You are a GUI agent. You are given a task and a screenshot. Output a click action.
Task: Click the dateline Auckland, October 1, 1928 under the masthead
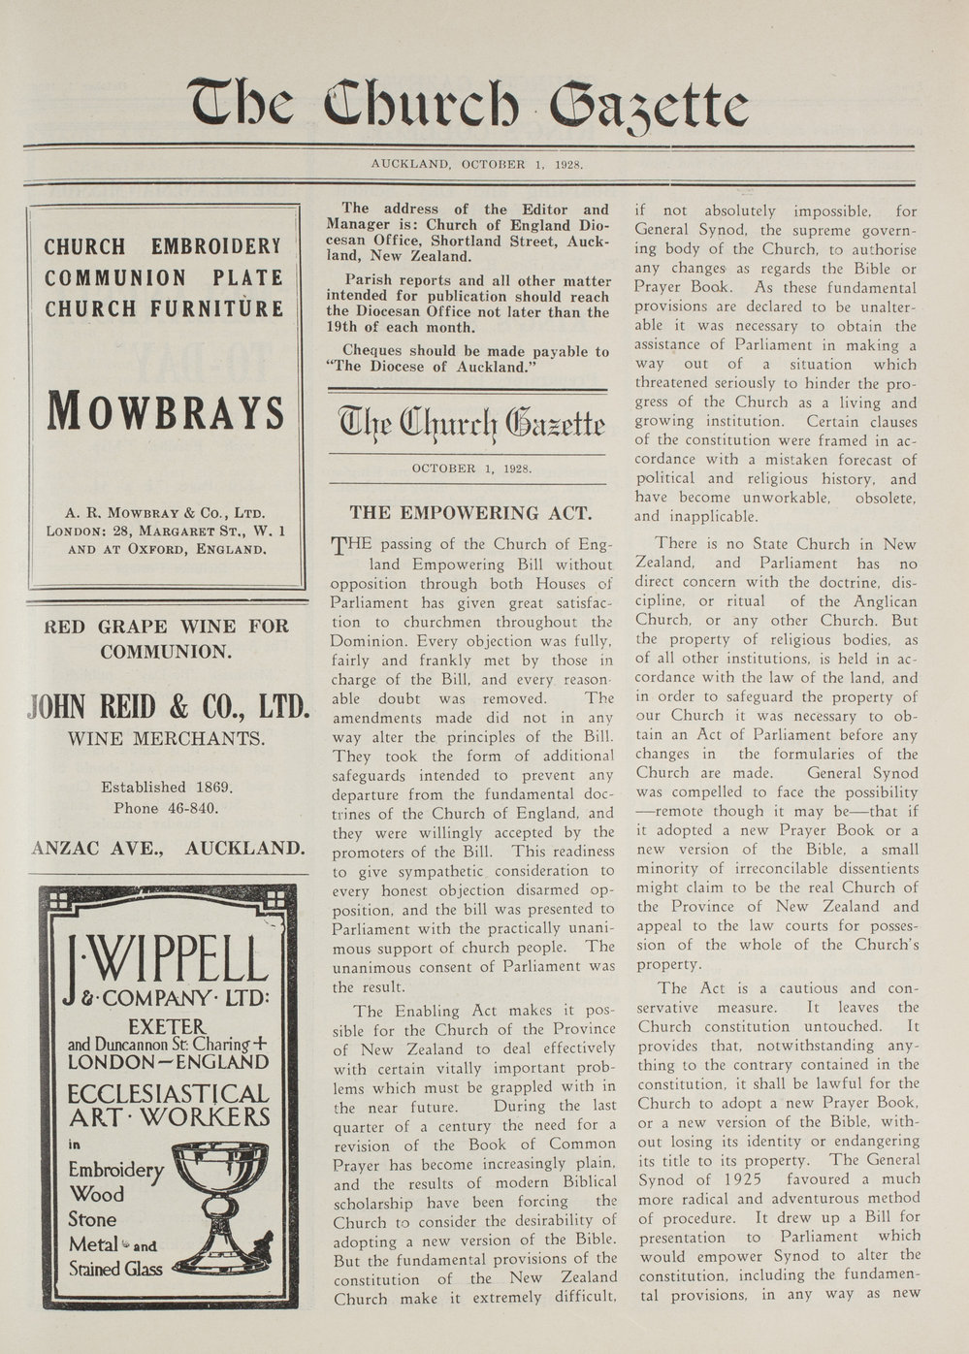point(476,164)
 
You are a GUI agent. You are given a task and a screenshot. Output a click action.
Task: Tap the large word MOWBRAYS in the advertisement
point(166,412)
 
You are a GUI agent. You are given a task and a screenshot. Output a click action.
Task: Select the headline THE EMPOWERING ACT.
point(469,513)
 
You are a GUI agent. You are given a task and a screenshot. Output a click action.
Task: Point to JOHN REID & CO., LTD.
point(169,704)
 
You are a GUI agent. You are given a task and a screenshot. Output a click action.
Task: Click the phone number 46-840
point(192,807)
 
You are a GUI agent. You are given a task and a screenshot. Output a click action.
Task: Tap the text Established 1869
point(167,787)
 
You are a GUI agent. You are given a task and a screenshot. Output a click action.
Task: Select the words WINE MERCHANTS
point(167,739)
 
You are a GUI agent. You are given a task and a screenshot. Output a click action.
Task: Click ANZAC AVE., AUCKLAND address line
point(169,848)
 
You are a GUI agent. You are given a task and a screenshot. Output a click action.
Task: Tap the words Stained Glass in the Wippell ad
point(115,1268)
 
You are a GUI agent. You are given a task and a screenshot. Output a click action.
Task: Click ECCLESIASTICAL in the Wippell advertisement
point(168,1095)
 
